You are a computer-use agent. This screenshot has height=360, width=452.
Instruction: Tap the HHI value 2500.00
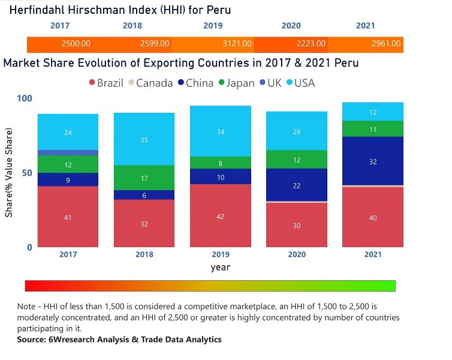[x=76, y=44]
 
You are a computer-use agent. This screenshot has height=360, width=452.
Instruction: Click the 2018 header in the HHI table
[x=132, y=26]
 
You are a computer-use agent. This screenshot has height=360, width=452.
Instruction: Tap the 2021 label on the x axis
[x=373, y=254]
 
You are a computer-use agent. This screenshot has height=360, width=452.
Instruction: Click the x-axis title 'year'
[x=220, y=268]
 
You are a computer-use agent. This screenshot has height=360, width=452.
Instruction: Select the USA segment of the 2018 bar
[x=144, y=139]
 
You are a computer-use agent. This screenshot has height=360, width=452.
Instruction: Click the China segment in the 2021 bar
[x=373, y=161]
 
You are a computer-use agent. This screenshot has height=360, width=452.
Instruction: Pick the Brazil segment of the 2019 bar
[x=221, y=215]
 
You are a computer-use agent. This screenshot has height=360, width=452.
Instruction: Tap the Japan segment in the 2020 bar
[x=297, y=160]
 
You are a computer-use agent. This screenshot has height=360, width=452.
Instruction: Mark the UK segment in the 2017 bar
[x=68, y=153]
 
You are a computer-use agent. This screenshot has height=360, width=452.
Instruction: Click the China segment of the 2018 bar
[x=144, y=195]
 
